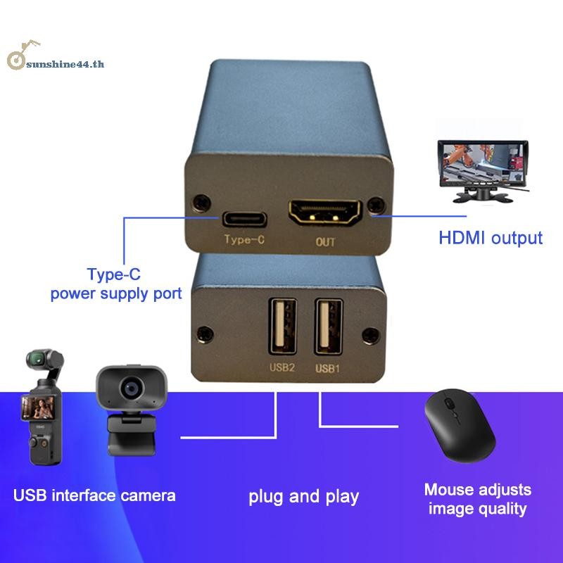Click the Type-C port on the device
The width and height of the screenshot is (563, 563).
coord(244,219)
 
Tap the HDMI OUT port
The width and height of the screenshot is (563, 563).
coord(325,212)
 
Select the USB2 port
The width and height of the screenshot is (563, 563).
coord(283,327)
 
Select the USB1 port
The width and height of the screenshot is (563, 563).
coord(329,327)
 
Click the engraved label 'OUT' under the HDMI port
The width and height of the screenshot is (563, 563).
coord(325,242)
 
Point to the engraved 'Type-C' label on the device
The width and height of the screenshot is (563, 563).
coord(244,239)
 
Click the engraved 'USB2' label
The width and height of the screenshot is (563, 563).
coord(282,367)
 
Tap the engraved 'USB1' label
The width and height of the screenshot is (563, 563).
coord(327,368)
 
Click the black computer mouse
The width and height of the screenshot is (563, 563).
coord(460,425)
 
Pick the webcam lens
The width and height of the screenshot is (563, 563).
coord(132,388)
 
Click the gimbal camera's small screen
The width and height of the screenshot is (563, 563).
coord(38,407)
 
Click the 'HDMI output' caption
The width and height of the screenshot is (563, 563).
coord(491,238)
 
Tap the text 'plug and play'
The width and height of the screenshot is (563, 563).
coord(304,497)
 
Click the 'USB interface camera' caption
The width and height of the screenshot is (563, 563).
coord(94,495)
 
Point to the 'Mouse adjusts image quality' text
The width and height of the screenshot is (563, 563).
coord(478,499)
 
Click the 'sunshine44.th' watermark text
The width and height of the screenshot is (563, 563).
coord(65,64)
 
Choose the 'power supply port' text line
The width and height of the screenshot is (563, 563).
coord(116,293)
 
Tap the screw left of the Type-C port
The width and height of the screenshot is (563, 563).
coord(201,203)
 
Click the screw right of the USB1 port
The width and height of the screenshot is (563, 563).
coord(371,335)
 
